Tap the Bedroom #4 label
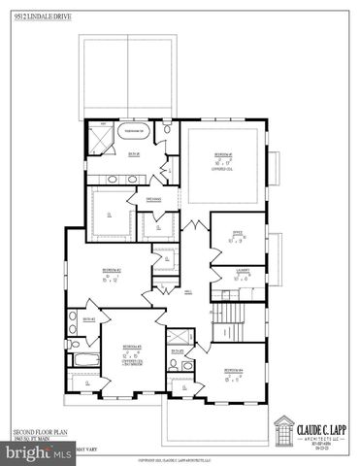[232, 371]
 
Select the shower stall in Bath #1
[99, 139]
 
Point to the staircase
[229, 316]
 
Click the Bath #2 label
[88, 319]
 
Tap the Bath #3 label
[178, 350]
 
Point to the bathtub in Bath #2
[79, 362]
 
